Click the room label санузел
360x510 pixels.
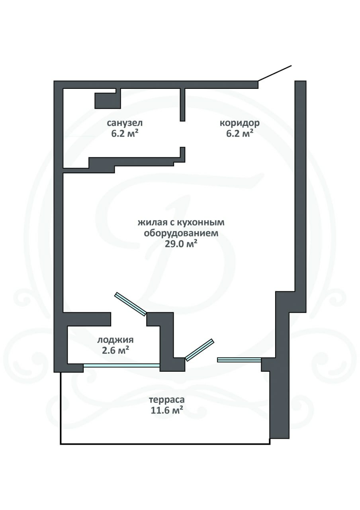pyautogui.click(x=125, y=123)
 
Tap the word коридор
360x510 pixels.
pyautogui.click(x=240, y=123)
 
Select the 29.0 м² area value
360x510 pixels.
pyautogui.click(x=181, y=244)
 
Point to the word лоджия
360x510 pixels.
pyautogui.click(x=115, y=340)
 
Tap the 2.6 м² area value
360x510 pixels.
pyautogui.click(x=115, y=350)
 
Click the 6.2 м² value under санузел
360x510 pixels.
pyautogui.click(x=125, y=133)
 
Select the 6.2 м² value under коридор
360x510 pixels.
pyautogui.click(x=240, y=133)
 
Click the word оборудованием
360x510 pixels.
pyautogui.click(x=181, y=233)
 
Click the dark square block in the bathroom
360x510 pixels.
pyautogui.click(x=108, y=101)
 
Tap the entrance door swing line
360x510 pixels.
pyautogui.click(x=275, y=73)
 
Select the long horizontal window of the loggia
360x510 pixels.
pyautogui.click(x=121, y=365)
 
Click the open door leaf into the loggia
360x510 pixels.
pyautogui.click(x=130, y=304)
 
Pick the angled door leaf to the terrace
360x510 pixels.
pyautogui.click(x=200, y=350)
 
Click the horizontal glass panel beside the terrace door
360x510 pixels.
pyautogui.click(x=239, y=360)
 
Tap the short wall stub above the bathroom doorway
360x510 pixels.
pyautogui.click(x=182, y=105)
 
